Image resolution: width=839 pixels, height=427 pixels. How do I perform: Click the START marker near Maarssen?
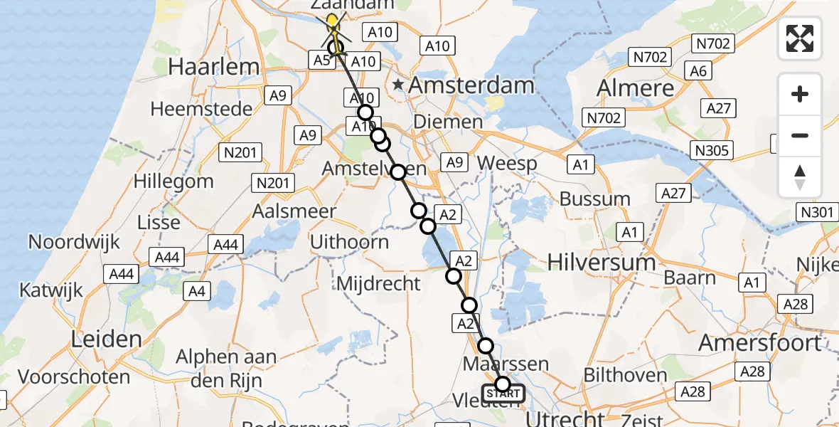coord(503,393)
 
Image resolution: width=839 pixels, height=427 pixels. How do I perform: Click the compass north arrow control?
coord(800,177)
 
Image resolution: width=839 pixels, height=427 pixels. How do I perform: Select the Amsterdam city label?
coord(472,85)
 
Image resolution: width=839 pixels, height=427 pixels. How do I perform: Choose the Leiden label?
coord(106,339)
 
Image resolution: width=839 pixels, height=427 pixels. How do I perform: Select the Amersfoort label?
coord(759,343)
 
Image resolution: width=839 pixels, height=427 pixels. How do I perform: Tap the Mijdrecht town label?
coord(378,284)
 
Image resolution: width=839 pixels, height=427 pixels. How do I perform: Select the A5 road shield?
coord(321,60)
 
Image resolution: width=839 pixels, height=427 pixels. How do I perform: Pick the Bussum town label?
coord(595,199)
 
